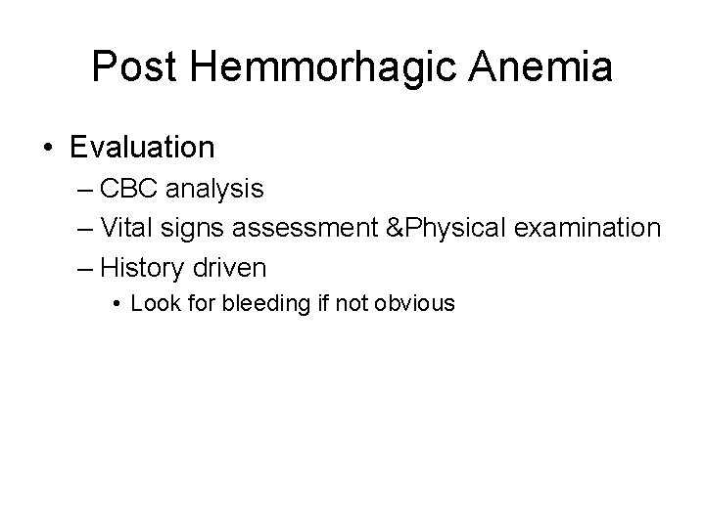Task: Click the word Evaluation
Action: click(142, 148)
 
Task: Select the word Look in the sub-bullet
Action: click(152, 303)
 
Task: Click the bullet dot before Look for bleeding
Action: click(117, 304)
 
